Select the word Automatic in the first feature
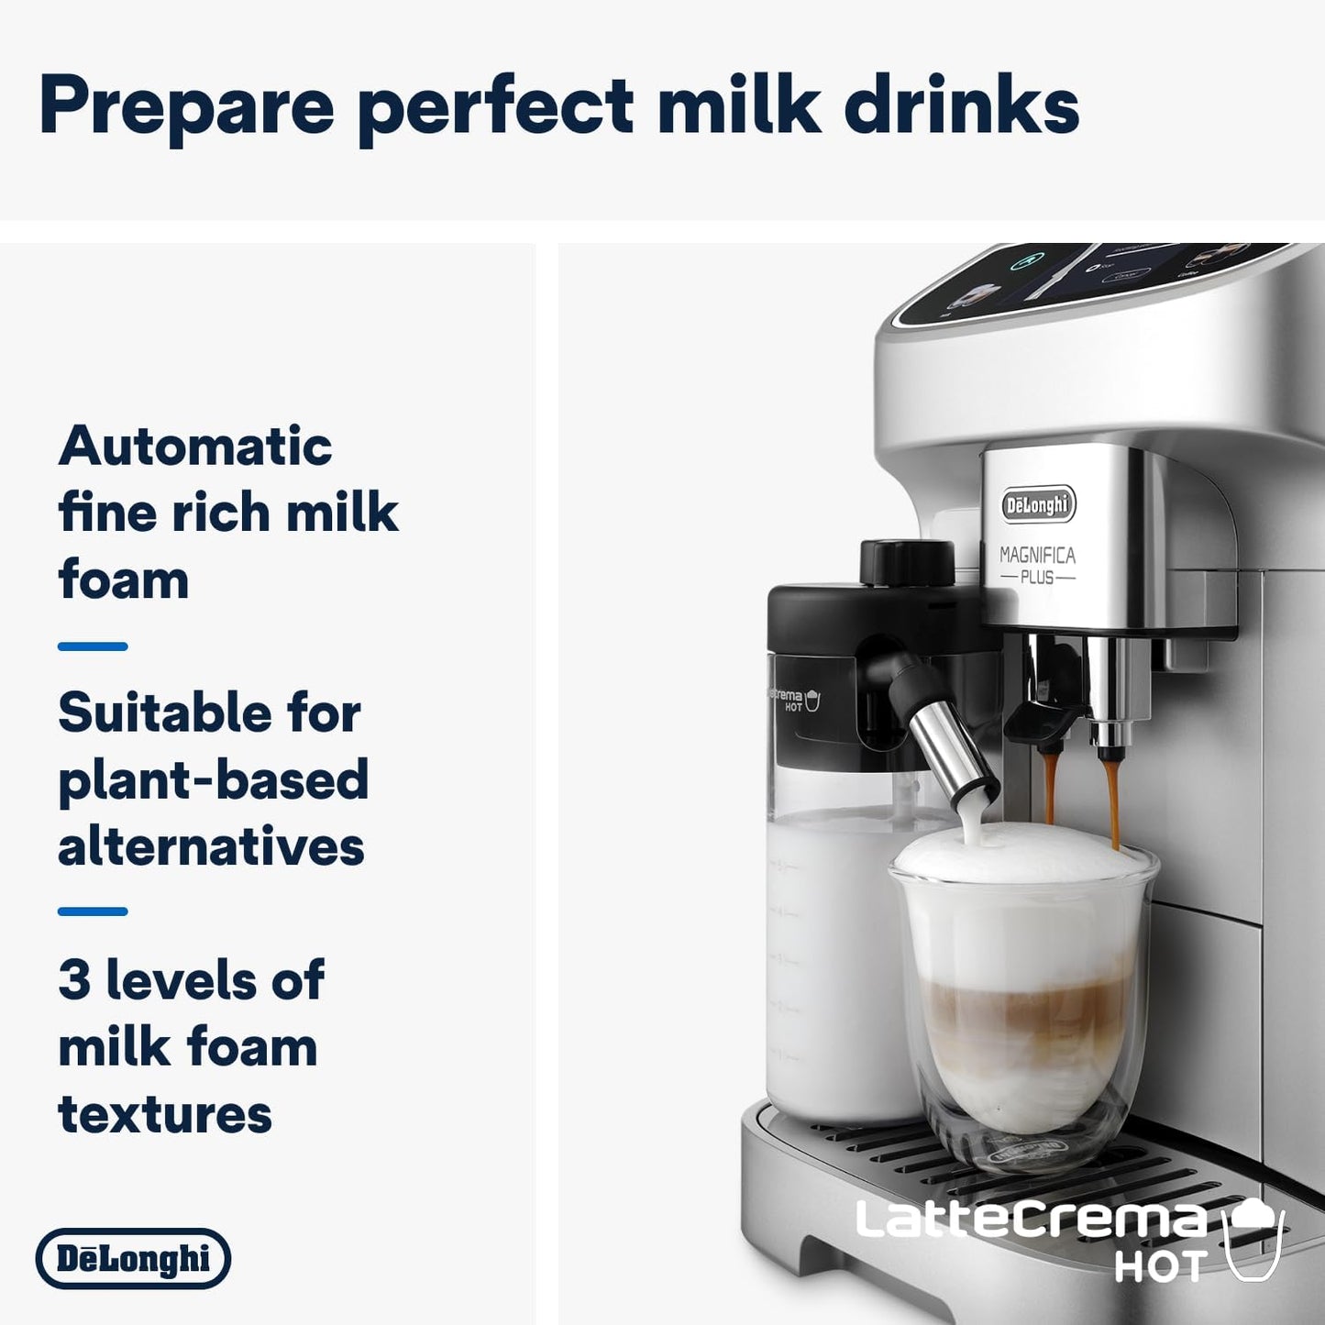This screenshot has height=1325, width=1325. pyautogui.click(x=195, y=447)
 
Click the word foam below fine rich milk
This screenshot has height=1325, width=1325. pyautogui.click(x=124, y=580)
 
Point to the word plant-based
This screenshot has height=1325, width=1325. pyautogui.click(x=213, y=780)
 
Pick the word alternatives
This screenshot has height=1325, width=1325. pyautogui.click(x=211, y=846)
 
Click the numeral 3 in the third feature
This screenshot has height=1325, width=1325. pyautogui.click(x=74, y=980)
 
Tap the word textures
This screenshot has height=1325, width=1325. pyautogui.click(x=165, y=1114)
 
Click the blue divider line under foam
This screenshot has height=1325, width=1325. pyautogui.click(x=93, y=646)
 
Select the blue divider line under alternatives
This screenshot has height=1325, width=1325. pyautogui.click(x=93, y=911)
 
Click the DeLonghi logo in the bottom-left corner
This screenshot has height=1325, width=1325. pyautogui.click(x=133, y=1258)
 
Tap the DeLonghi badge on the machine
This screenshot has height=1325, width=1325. pyautogui.click(x=1037, y=504)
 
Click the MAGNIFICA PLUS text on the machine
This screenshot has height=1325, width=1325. pyautogui.click(x=1037, y=565)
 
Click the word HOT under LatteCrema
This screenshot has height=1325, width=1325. pyautogui.click(x=1159, y=1268)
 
